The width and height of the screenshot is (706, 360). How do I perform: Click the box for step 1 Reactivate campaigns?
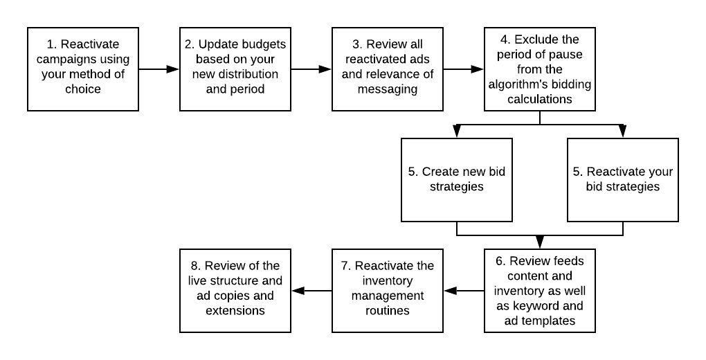[x=83, y=69]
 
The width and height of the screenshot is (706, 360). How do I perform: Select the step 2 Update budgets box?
[x=235, y=69]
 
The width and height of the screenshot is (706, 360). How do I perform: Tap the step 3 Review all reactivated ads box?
[x=388, y=69]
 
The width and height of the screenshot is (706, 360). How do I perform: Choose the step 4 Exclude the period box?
[x=539, y=69]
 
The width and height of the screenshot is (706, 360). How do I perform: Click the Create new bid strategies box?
[x=457, y=179]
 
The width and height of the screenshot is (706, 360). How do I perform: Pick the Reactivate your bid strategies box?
[x=623, y=179]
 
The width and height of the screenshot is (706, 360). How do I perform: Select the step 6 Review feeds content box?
[x=539, y=290]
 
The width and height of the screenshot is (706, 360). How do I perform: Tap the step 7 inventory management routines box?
[x=388, y=290]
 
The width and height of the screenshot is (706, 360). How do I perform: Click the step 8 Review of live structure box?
[x=235, y=290]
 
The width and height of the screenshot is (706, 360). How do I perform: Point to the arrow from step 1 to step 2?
[x=159, y=69]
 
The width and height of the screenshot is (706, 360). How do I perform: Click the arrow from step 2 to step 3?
[x=311, y=69]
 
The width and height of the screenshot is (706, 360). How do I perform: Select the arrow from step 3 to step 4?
[x=463, y=69]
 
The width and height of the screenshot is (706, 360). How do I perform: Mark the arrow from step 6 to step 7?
[x=464, y=291]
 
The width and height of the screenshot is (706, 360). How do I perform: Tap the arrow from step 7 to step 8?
[x=311, y=291]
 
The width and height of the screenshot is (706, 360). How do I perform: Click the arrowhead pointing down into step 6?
[x=539, y=242]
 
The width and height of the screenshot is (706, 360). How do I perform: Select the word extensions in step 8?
[x=235, y=311]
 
